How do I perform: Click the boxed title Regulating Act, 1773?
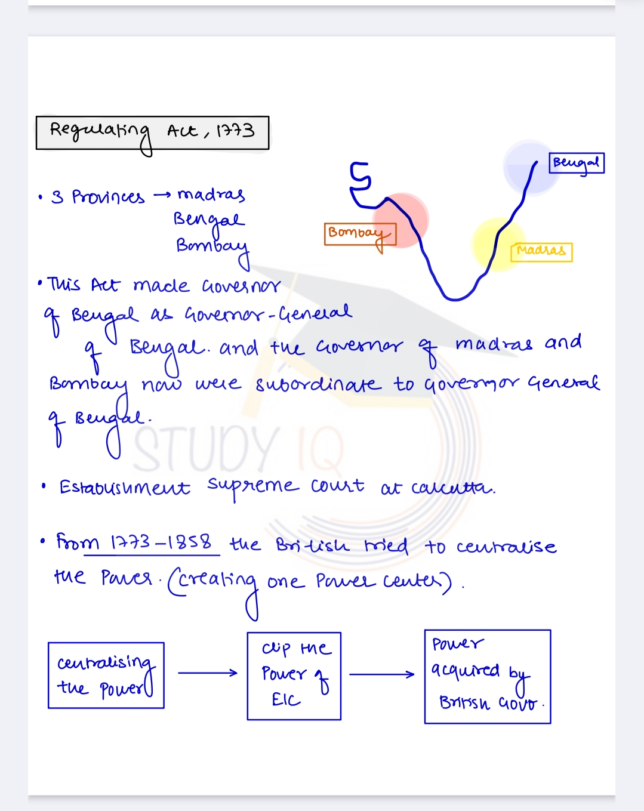coord(152,132)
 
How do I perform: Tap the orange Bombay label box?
coord(360,234)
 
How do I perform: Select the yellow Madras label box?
coord(541,251)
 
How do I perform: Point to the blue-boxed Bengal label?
coord(577,163)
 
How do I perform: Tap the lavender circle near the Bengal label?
coord(530,167)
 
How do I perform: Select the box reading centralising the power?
coord(106,676)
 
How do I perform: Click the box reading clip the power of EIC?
coord(294,676)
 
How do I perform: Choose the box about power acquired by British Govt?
coord(487,677)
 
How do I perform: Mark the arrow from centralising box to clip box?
coord(207,673)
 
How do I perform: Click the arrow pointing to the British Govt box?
coord(381,674)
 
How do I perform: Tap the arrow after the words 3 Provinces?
coord(162,196)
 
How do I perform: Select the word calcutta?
coord(453,488)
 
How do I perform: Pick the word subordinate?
coord(318,384)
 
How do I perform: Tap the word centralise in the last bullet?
coord(506,547)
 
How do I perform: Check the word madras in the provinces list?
coord(211,195)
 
